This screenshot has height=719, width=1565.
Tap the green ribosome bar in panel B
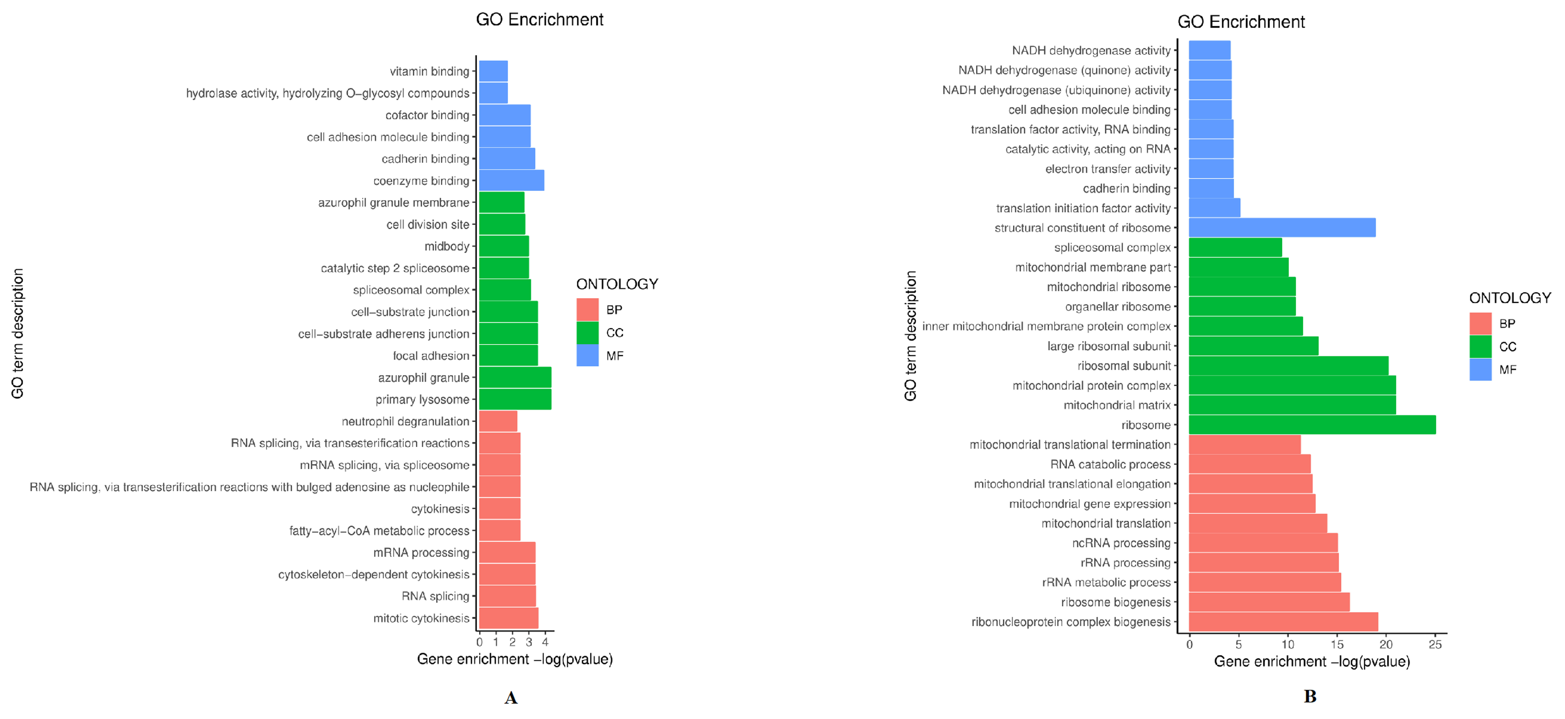tap(1312, 425)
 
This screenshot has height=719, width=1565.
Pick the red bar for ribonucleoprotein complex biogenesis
tap(1283, 622)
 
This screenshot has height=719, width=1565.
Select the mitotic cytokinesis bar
tap(509, 618)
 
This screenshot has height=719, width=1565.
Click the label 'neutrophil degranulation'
tap(405, 421)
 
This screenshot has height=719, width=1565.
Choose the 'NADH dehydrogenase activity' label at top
tap(1091, 50)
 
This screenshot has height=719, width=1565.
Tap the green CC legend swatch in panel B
tap(1480, 347)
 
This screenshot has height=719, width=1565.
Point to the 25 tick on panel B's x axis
tap(1435, 644)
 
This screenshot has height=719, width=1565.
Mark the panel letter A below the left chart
tap(511, 698)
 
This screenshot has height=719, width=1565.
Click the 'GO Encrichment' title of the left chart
tap(539, 19)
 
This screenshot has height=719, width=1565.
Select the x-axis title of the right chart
tap(1312, 661)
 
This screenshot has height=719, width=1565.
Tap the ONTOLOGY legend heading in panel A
tap(617, 284)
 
